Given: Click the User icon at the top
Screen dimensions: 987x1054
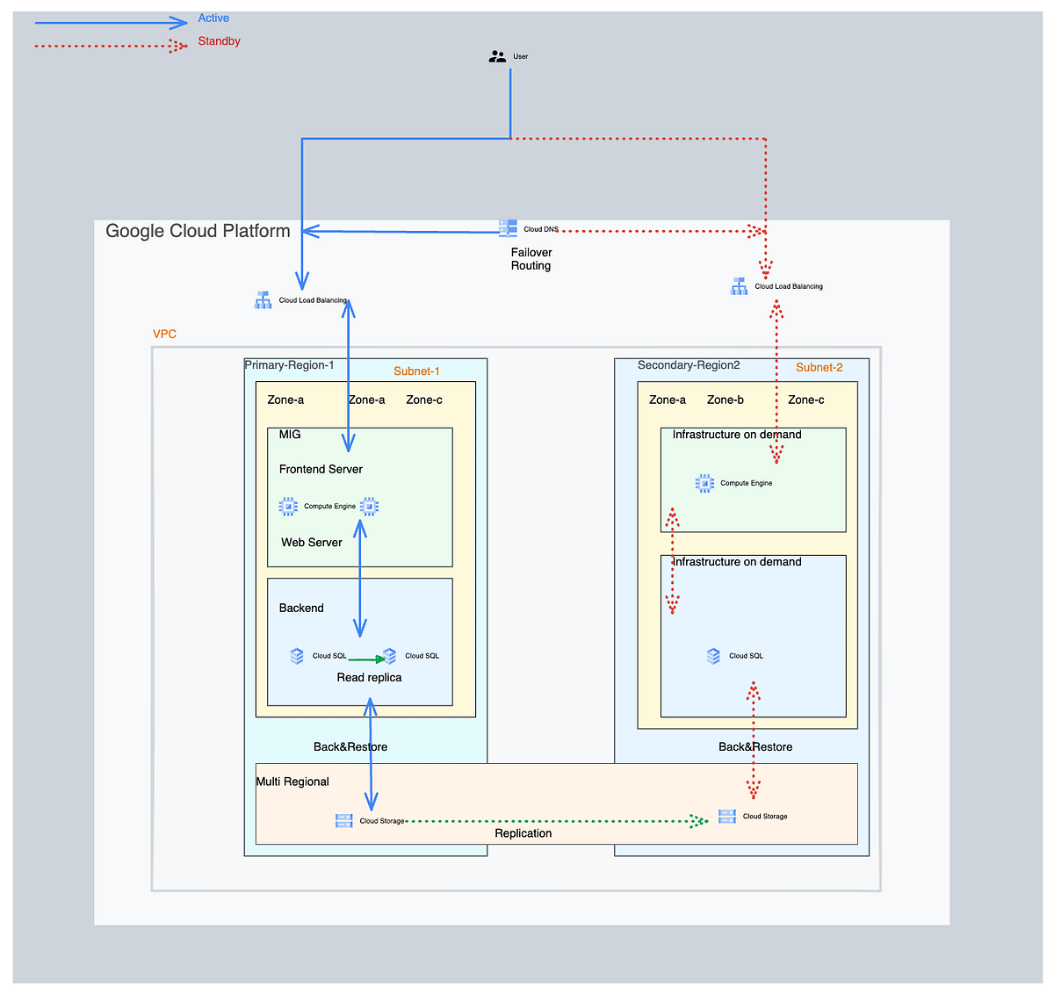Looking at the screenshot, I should click(x=497, y=56).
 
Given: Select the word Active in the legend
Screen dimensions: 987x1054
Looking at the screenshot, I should click(x=213, y=18).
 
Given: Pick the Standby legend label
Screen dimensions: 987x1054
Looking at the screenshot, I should click(x=219, y=41).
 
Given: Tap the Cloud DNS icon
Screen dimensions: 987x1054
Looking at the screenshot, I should click(x=508, y=228).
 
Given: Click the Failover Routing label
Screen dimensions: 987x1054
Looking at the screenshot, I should click(x=531, y=259).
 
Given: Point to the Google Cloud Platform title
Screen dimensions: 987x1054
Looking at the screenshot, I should click(x=198, y=231).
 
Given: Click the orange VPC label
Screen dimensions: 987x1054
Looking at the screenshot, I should click(x=164, y=335).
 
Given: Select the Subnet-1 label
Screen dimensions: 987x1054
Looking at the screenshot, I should click(x=416, y=371).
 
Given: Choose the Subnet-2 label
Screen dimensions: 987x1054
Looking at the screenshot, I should click(x=819, y=368).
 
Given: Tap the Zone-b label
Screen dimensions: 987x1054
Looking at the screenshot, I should click(x=725, y=400).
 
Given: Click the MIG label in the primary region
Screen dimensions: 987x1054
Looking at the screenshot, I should click(x=290, y=435).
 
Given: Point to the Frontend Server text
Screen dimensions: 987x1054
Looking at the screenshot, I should click(x=321, y=469).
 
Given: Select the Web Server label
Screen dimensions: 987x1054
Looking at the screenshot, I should click(x=312, y=543).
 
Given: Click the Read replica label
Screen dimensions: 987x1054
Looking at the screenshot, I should click(x=369, y=678).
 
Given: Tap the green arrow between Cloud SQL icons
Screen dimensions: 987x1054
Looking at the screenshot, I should click(x=366, y=659).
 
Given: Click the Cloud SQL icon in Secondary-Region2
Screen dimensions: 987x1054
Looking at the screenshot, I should click(x=714, y=656).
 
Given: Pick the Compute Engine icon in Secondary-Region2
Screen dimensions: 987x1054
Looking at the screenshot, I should click(x=704, y=483).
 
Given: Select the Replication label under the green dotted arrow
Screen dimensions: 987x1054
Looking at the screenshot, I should click(x=523, y=833).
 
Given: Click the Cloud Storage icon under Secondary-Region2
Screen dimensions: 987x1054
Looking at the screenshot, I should click(x=727, y=817).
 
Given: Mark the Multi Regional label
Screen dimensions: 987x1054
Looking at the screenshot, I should click(x=292, y=782).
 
